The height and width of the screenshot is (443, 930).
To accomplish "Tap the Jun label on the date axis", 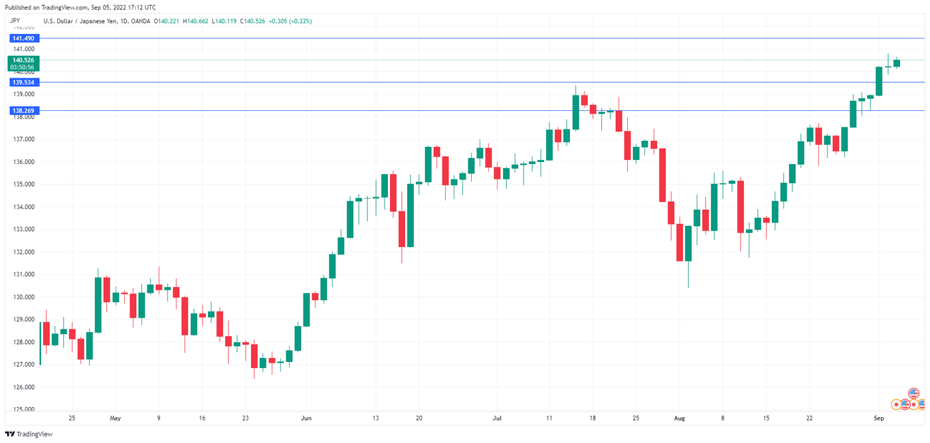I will (x=306, y=418).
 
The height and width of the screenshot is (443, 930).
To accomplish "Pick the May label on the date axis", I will (x=116, y=418).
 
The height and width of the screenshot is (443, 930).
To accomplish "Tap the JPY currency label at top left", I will (x=16, y=21).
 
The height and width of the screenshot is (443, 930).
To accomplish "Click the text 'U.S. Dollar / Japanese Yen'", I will (x=78, y=21).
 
